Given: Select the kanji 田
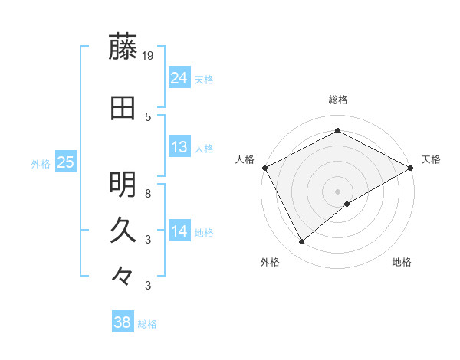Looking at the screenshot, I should click(x=123, y=109).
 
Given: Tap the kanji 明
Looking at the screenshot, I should click(x=123, y=185).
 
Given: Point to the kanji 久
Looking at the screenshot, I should click(x=123, y=230).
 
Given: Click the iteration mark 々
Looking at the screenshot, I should click(x=123, y=274).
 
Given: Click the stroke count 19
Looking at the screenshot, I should click(x=149, y=56).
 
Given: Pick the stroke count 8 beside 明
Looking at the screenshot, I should click(x=149, y=194).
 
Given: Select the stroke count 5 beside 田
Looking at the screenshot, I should click(x=149, y=117).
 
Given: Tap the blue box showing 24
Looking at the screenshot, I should click(x=179, y=78).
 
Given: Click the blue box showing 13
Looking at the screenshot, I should click(x=179, y=147).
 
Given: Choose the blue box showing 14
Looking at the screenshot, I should click(x=179, y=231).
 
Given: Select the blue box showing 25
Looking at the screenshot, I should click(x=66, y=162).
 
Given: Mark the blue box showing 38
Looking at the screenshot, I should click(x=123, y=323).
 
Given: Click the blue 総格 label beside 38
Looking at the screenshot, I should click(x=147, y=324).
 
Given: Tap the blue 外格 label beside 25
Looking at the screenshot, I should click(x=41, y=163).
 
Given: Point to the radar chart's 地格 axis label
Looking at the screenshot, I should click(x=402, y=262).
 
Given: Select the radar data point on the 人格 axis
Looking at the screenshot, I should click(x=264, y=168).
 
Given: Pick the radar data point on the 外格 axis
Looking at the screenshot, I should click(x=301, y=242).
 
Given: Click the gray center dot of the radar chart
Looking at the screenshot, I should click(x=338, y=191).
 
